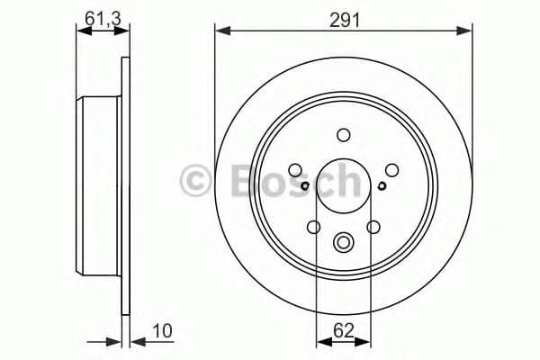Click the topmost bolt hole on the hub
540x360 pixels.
(x=343, y=135)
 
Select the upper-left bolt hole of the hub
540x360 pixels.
(x=294, y=168)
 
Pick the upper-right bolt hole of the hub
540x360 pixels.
(x=391, y=168)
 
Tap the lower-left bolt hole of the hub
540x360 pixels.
(x=313, y=227)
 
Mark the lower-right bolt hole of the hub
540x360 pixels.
(x=373, y=227)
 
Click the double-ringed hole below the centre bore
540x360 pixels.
(x=343, y=242)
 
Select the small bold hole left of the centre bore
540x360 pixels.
(x=306, y=186)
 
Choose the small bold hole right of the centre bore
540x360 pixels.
(x=382, y=186)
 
